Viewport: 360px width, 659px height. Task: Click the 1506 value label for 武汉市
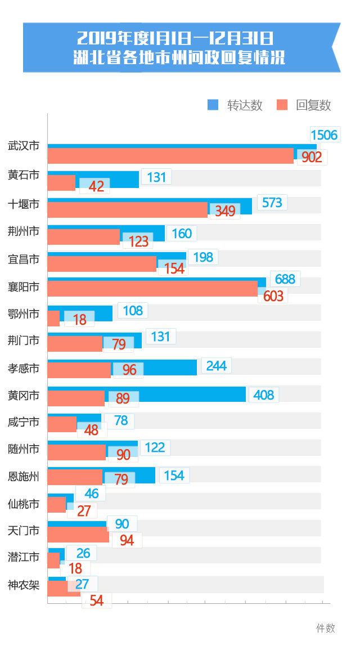click(x=324, y=135)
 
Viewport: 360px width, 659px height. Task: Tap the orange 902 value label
click(x=312, y=157)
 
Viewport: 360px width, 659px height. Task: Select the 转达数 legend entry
click(x=235, y=105)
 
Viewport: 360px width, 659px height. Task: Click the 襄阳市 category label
click(x=24, y=286)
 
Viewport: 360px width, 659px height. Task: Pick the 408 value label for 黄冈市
click(x=263, y=394)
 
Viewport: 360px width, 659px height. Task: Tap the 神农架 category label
click(x=24, y=585)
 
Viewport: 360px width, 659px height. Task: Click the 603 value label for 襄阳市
click(x=273, y=296)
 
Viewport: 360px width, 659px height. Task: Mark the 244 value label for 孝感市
click(x=216, y=366)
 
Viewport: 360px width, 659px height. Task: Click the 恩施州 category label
click(x=24, y=477)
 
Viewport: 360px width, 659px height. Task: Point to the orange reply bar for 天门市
click(x=78, y=535)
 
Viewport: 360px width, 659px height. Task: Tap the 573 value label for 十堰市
click(x=272, y=203)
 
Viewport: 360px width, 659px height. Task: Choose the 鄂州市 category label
click(x=24, y=313)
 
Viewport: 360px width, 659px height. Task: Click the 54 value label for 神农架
click(x=97, y=600)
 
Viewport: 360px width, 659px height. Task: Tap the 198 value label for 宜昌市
click(x=203, y=257)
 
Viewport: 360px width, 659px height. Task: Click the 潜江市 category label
click(x=24, y=557)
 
